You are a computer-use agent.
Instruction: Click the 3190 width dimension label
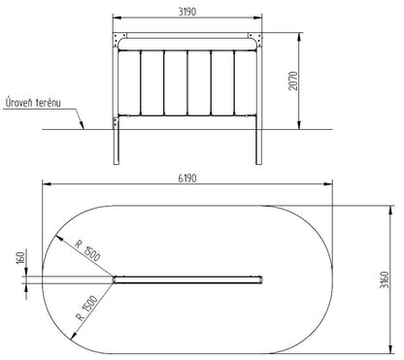[x=187, y=12]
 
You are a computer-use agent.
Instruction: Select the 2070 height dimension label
[x=293, y=81]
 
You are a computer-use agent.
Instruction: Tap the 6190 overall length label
[x=187, y=179]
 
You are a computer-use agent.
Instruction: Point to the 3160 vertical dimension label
[x=384, y=279]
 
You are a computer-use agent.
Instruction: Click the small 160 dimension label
[x=20, y=258]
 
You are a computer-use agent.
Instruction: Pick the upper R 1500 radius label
[x=87, y=250]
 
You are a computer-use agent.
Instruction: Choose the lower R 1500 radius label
[x=86, y=308]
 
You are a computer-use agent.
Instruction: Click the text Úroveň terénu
[x=33, y=103]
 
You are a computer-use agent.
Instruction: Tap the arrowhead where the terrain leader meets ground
[x=83, y=126]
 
